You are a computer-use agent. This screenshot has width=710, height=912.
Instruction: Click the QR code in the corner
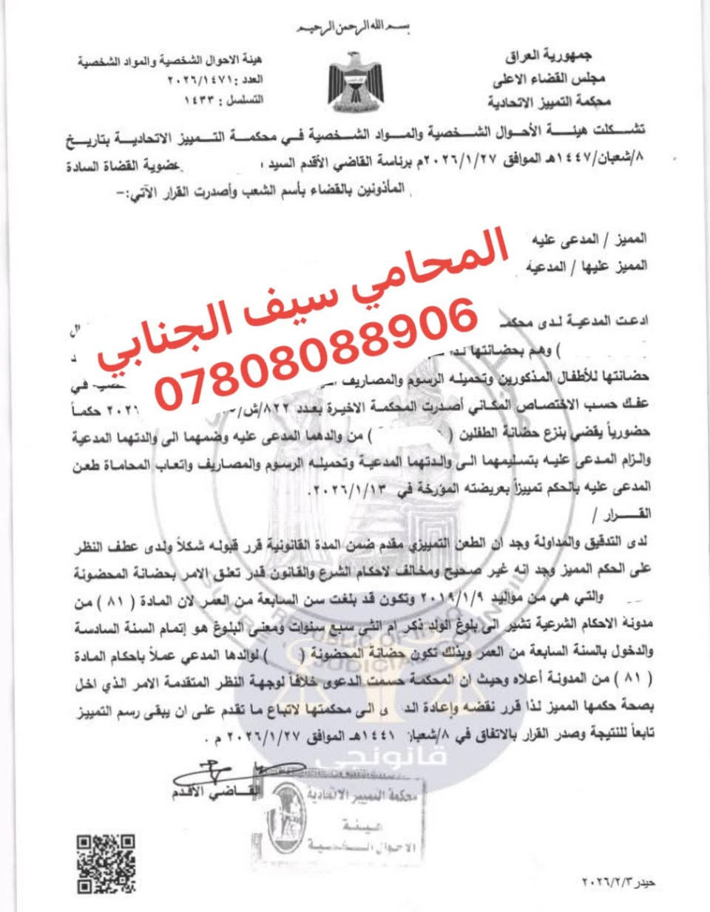point(106,863)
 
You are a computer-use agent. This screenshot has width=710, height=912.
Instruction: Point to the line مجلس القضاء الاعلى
point(547,78)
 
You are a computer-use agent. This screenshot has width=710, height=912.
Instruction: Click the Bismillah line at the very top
point(354,29)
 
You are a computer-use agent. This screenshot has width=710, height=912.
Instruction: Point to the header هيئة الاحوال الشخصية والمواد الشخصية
point(171,60)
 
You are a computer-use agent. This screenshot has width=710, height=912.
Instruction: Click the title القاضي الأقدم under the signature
point(215,793)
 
